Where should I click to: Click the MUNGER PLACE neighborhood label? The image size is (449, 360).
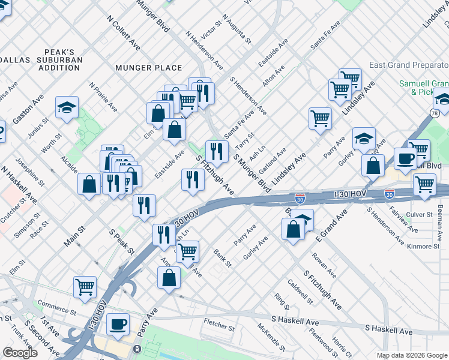click(x=149, y=68)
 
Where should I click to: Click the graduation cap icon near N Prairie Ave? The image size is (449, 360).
click(x=67, y=107)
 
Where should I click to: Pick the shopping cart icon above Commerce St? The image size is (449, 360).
click(x=85, y=287)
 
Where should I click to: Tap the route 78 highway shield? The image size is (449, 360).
click(x=435, y=113)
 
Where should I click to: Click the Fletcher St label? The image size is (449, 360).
click(x=218, y=328)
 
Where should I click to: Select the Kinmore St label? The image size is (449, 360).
click(x=423, y=247)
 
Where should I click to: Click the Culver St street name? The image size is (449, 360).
click(x=420, y=214)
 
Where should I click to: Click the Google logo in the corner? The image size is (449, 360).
click(x=20, y=353)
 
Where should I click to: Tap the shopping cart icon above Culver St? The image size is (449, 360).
click(x=424, y=184)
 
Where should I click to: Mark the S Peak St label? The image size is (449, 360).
click(x=120, y=239)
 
